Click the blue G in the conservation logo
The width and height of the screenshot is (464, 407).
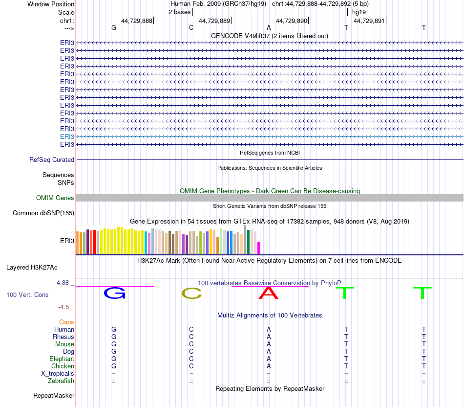pyautogui.click(x=115, y=293)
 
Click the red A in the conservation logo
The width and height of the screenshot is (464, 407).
pyautogui.click(x=268, y=293)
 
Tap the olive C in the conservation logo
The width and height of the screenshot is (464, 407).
pyautogui.click(x=191, y=293)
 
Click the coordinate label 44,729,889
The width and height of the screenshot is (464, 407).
pyautogui.click(x=214, y=21)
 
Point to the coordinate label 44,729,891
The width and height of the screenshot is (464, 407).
pyautogui.click(x=369, y=21)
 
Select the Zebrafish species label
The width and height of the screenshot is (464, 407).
pyautogui.click(x=61, y=381)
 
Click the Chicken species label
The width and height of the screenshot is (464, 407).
pyautogui.click(x=63, y=366)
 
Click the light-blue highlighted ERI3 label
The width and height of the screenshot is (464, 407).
pyautogui.click(x=67, y=137)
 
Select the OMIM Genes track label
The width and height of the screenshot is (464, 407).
pyautogui.click(x=55, y=198)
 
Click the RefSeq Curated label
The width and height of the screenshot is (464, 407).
pyautogui.click(x=52, y=160)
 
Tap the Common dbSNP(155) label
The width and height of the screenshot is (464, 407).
pyautogui.click(x=43, y=213)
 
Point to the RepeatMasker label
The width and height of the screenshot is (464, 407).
pyautogui.click(x=54, y=396)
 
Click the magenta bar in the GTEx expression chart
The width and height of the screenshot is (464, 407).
pyautogui.click(x=259, y=248)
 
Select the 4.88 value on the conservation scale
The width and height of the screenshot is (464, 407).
pyautogui.click(x=64, y=283)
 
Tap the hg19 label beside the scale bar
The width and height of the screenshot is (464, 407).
pyautogui.click(x=359, y=12)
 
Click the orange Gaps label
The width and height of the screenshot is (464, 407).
pyautogui.click(x=66, y=322)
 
